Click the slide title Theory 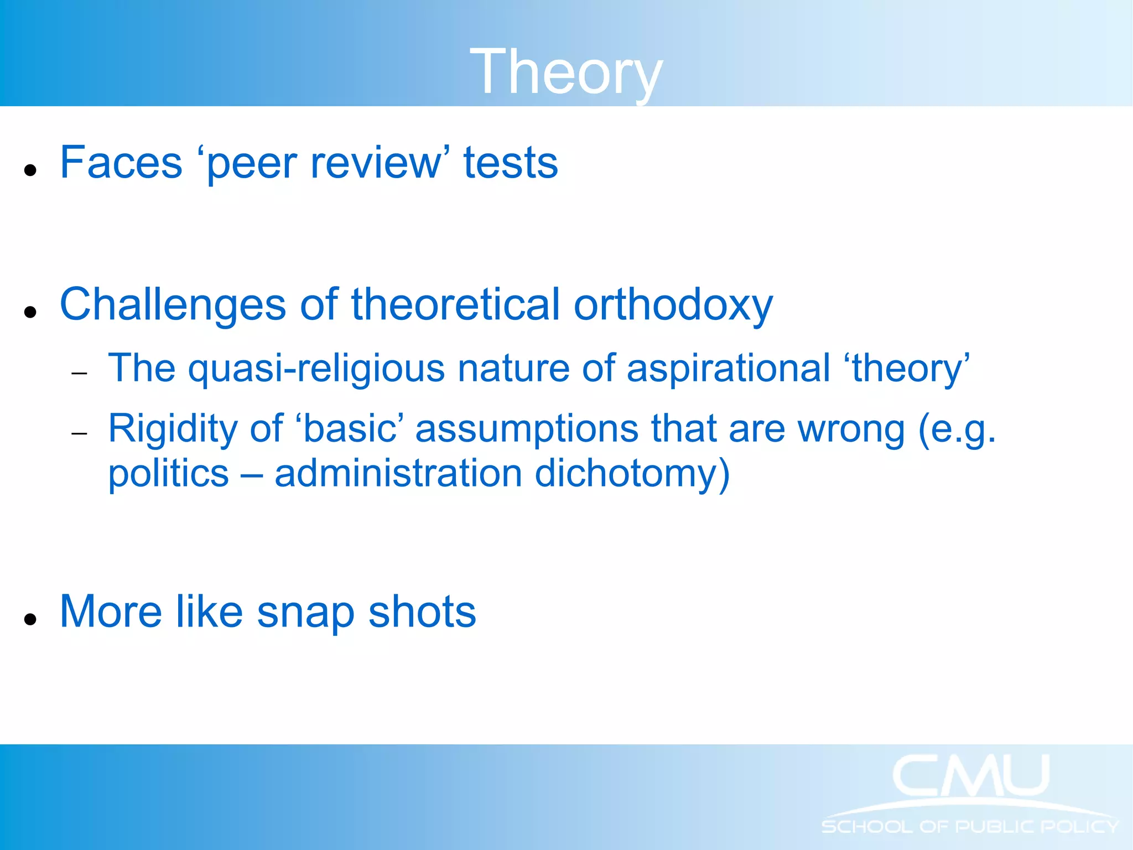(x=565, y=72)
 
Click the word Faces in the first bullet (x=121, y=163)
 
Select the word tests (x=510, y=163)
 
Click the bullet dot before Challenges (x=30, y=312)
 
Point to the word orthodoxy (x=673, y=305)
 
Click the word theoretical (x=455, y=304)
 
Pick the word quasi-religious (x=316, y=369)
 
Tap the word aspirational (x=728, y=370)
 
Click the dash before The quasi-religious (x=80, y=374)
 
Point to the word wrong (x=851, y=429)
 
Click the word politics (x=168, y=474)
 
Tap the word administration (x=398, y=474)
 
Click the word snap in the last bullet (x=305, y=613)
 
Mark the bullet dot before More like (x=30, y=619)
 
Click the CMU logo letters (x=971, y=776)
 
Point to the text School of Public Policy (x=970, y=827)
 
